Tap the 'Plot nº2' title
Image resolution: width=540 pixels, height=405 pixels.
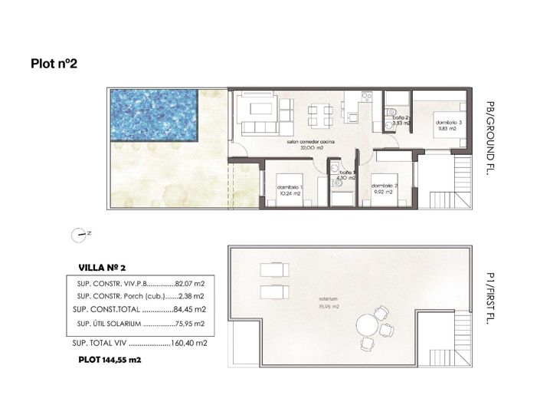tap(54, 64)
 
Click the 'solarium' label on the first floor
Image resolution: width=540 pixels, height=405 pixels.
tap(329, 298)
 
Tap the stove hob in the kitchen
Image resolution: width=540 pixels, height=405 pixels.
tap(367, 97)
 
